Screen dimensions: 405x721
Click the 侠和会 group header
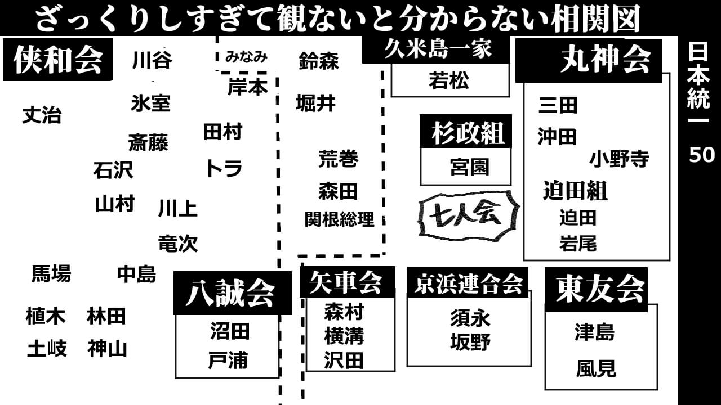(x=58, y=60)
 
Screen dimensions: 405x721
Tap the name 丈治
(x=42, y=116)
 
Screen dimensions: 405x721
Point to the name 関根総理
(x=339, y=219)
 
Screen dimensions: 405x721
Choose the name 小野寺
(x=619, y=159)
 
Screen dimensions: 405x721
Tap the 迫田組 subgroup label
(x=575, y=191)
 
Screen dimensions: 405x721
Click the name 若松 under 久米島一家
(x=448, y=82)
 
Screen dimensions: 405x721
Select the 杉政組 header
(x=466, y=133)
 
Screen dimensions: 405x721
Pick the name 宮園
(x=469, y=167)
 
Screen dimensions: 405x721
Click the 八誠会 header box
(x=232, y=292)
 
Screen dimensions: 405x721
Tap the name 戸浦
(x=228, y=361)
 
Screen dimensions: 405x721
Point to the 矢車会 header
(x=346, y=282)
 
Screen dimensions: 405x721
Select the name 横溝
(x=344, y=336)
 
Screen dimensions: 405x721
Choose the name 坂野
(x=470, y=342)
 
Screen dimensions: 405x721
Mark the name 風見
(x=596, y=370)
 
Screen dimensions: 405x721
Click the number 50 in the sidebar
(x=701, y=155)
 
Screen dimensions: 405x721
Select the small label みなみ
(x=246, y=57)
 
